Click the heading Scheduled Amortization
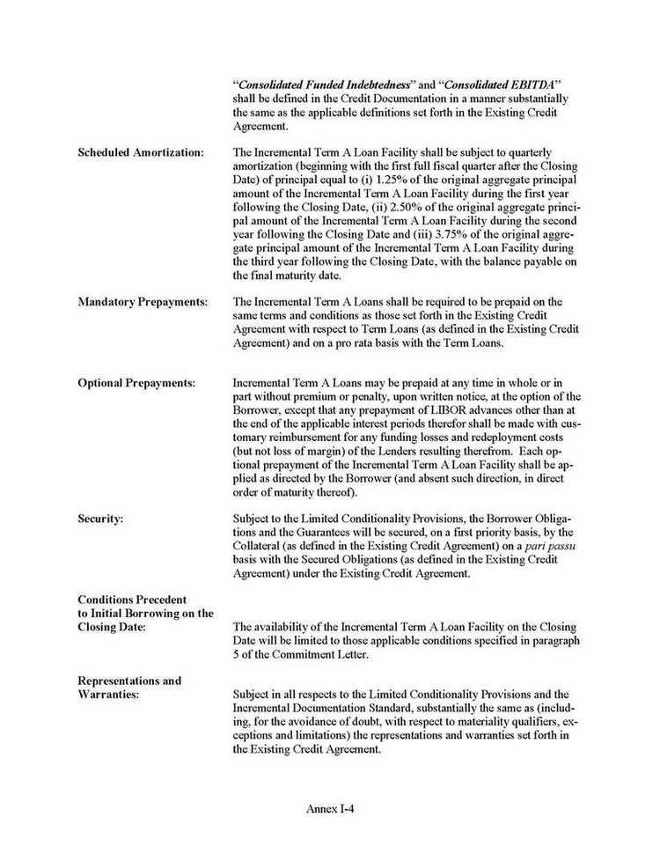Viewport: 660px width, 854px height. [x=141, y=152]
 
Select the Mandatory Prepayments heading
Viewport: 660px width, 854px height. [x=143, y=301]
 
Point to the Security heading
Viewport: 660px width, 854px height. [x=100, y=519]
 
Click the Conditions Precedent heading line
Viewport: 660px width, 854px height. [x=136, y=600]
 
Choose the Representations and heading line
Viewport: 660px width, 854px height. [x=129, y=681]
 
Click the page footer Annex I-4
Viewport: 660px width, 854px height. [x=330, y=806]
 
